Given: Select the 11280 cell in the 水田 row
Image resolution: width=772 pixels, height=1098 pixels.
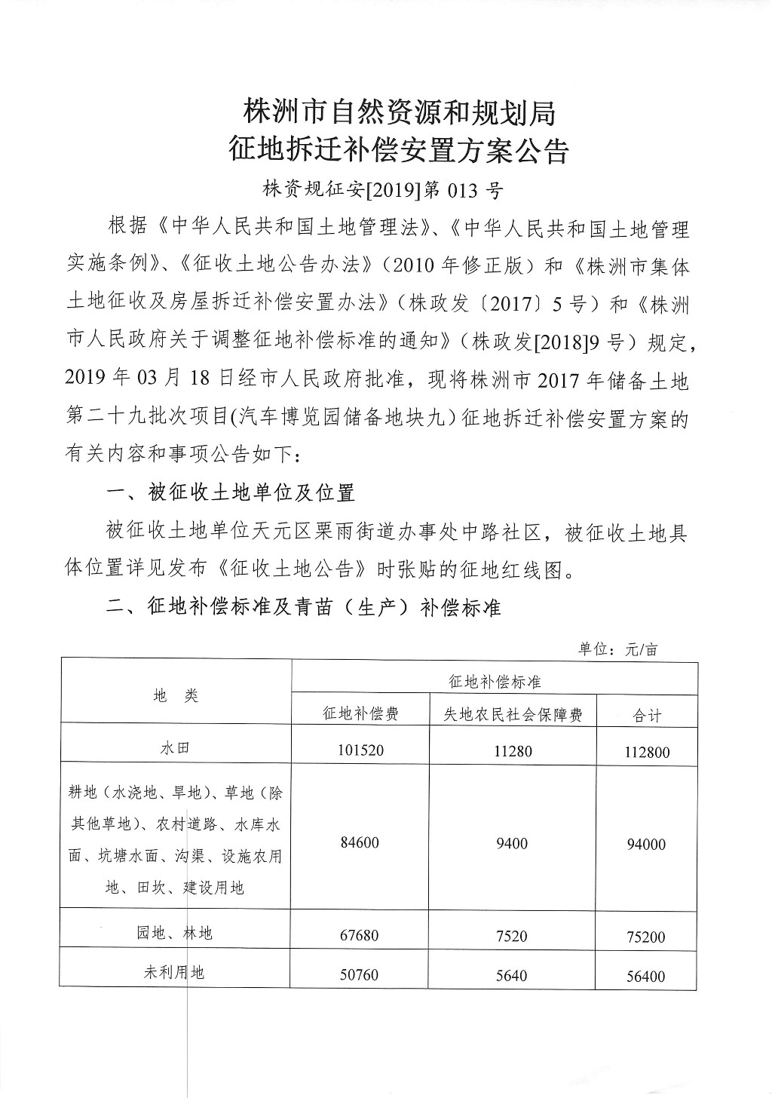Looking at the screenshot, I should coord(512,751).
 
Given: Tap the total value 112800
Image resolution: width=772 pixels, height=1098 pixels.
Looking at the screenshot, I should coord(647,752).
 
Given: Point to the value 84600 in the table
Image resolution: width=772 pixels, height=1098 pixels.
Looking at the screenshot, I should coord(360,843).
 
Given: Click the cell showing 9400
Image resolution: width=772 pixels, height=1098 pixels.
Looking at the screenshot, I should coord(512,844).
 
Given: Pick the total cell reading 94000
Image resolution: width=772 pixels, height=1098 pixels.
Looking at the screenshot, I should coord(647,845).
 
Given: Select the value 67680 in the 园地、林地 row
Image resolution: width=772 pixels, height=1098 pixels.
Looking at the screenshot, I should coord(360,936).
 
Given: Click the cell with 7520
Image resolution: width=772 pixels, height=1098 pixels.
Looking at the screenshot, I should coord(512,937).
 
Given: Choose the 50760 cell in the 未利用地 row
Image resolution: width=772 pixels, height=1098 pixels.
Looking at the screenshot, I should coord(360,975).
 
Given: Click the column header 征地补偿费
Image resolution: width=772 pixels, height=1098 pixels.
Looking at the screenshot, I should coord(360,713).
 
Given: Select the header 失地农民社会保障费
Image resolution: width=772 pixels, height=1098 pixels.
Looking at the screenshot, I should coord(512,714).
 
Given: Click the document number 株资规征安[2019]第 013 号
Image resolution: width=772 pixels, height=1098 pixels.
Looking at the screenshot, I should coord(382,190).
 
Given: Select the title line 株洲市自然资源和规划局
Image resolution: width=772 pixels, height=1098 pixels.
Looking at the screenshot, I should coord(399,113).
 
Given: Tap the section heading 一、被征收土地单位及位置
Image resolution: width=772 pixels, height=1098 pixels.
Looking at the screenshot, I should coord(231,494).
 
